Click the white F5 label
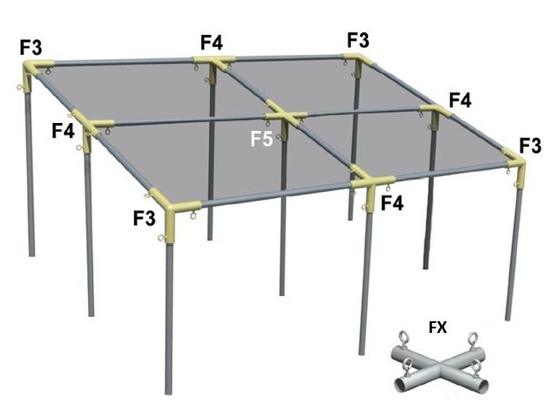pyautogui.click(x=261, y=138)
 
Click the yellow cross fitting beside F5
pyautogui.click(x=286, y=118)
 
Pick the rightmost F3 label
pyautogui.click(x=530, y=145)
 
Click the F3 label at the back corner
pyautogui.click(x=357, y=39)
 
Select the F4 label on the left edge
pyautogui.click(x=63, y=131)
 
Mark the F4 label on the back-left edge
pyautogui.click(x=212, y=41)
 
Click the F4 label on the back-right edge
pyautogui.click(x=460, y=100)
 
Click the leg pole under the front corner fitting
pyautogui.click(x=167, y=314)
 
